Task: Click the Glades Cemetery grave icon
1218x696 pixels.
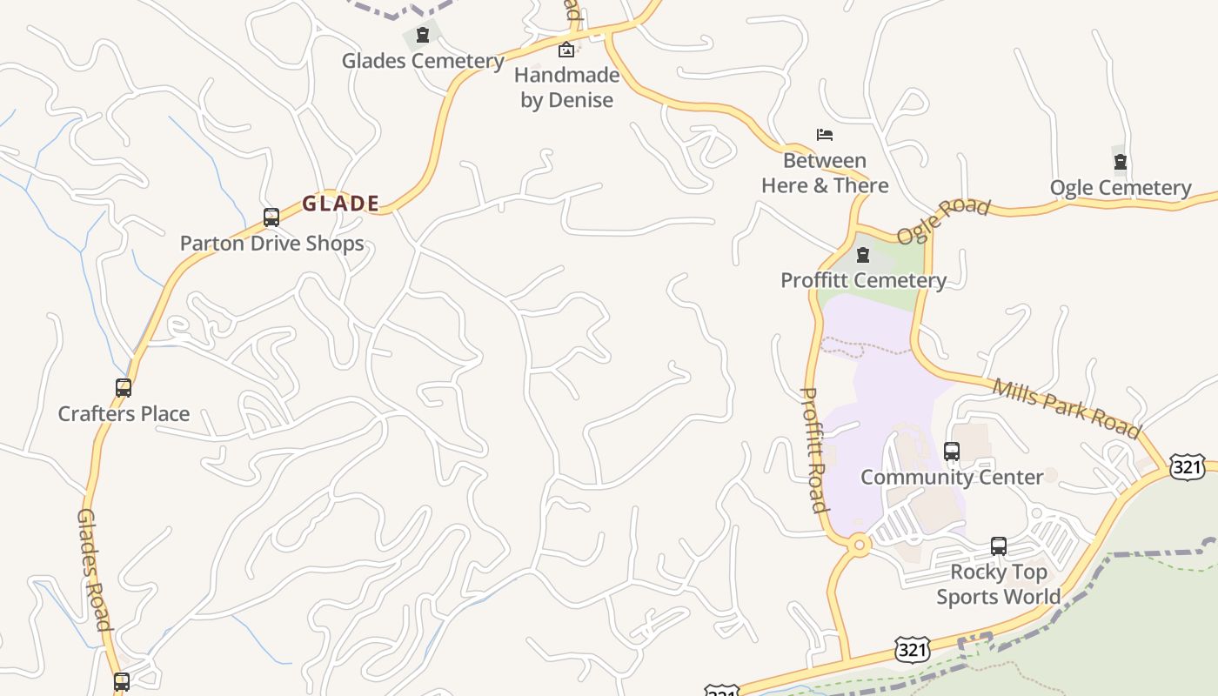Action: coord(422,36)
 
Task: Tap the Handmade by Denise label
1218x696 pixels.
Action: coord(566,87)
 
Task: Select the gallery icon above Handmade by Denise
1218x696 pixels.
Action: coord(566,50)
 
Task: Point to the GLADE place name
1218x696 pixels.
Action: coord(340,204)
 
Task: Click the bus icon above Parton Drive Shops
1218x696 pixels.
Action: coord(271,217)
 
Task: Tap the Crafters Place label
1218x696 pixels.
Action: coord(124,413)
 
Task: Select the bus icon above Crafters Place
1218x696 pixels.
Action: coord(124,388)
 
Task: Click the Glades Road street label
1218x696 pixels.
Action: coord(94,570)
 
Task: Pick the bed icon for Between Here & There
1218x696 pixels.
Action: coord(825,135)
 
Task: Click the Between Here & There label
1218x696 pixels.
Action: coord(825,173)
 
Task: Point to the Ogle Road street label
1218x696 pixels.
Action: coord(943,221)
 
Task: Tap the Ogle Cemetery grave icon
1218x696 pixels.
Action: coord(1121,162)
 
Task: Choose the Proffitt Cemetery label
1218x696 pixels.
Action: coord(863,280)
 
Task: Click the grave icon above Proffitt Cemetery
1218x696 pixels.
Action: coord(863,255)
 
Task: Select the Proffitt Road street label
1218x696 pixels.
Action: coord(813,449)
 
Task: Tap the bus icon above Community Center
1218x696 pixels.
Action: coord(952,452)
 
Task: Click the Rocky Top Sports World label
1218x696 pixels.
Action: coord(998,584)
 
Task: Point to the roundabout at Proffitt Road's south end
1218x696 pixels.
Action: coord(860,545)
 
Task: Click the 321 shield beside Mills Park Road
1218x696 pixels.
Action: coord(1188,467)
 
